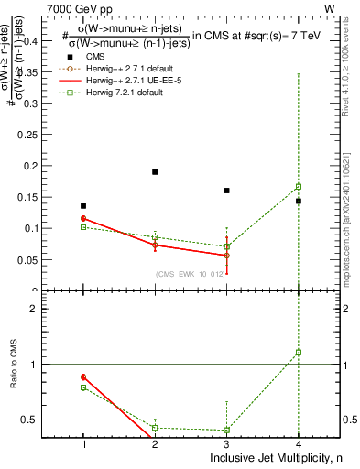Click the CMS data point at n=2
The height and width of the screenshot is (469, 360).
tap(155, 172)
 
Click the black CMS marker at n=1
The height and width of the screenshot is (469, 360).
tap(83, 206)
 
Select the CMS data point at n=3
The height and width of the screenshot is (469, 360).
tap(226, 191)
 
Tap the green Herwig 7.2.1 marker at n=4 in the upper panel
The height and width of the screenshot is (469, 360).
tap(299, 186)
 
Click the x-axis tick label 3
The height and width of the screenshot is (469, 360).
tap(226, 444)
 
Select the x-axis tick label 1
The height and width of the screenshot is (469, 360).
tap(83, 444)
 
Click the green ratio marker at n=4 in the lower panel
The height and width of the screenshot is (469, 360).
tap(299, 352)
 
